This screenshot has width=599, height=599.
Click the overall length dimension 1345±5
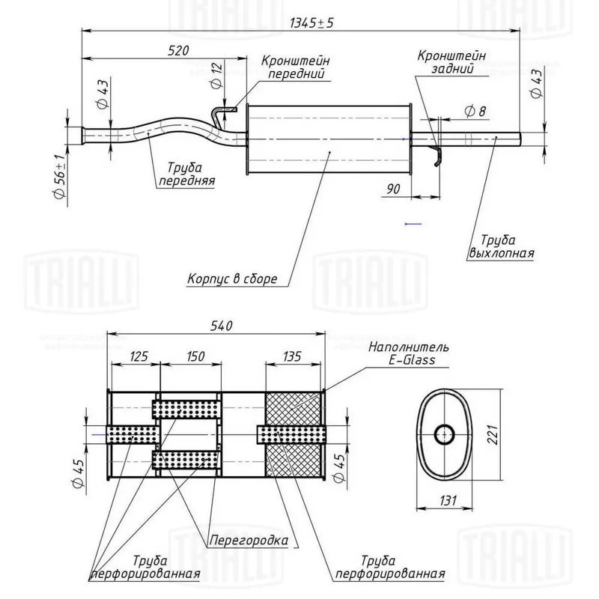click(311, 23)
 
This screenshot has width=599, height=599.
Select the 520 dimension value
click(178, 51)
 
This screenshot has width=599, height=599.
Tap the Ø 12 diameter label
click(216, 76)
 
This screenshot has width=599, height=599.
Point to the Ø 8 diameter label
click(475, 112)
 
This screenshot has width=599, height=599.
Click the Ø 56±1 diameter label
click(60, 177)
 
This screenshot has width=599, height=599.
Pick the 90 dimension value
click(394, 189)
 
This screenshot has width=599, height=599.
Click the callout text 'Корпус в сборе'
click(232, 279)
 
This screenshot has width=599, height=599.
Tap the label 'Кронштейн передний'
click(296, 67)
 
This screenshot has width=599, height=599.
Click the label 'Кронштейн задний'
click(451, 62)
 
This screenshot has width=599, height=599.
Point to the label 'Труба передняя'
click(186, 174)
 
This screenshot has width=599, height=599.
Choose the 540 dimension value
click(222, 326)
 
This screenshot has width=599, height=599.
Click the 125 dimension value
click(139, 356)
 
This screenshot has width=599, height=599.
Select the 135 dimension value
click(292, 356)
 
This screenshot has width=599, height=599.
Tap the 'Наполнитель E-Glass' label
click(409, 353)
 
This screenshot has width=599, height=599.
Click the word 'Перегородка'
click(249, 540)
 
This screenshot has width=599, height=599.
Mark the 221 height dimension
click(493, 435)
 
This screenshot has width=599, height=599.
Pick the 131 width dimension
click(448, 500)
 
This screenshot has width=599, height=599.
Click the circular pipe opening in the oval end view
click(444, 434)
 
